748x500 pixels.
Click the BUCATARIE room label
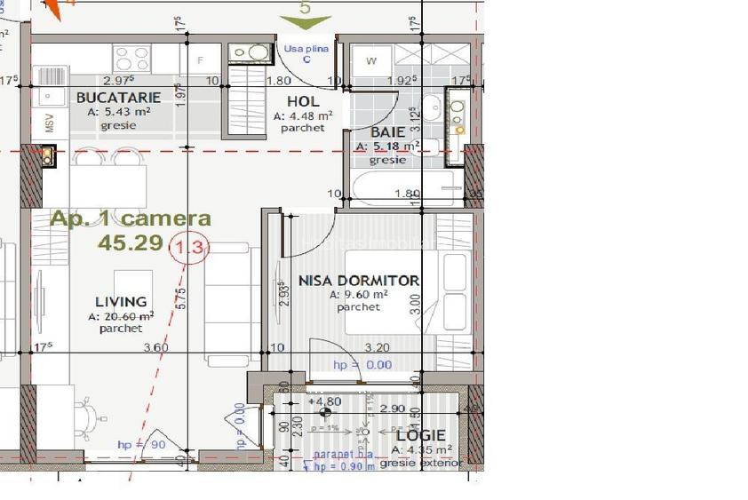pyautogui.click(x=118, y=98)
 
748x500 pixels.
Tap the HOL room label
pyautogui.click(x=303, y=101)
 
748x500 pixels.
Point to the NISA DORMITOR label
pyautogui.click(x=358, y=280)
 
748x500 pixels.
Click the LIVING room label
pyautogui.click(x=121, y=302)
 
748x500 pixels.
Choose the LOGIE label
pyautogui.click(x=420, y=435)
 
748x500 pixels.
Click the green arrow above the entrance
pyautogui.click(x=306, y=21)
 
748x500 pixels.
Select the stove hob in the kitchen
pyautogui.click(x=132, y=58)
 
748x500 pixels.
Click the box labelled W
pyautogui.click(x=371, y=60)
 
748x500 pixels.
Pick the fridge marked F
pyautogui.click(x=201, y=60)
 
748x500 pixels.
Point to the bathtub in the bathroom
pyautogui.click(x=405, y=187)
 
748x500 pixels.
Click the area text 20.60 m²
pyautogui.click(x=121, y=316)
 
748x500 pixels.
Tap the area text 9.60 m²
pyautogui.click(x=358, y=295)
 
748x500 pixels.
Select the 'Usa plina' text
pyautogui.click(x=306, y=49)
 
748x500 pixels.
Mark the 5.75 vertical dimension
pyautogui.click(x=181, y=298)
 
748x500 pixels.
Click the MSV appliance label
pyautogui.click(x=49, y=123)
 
